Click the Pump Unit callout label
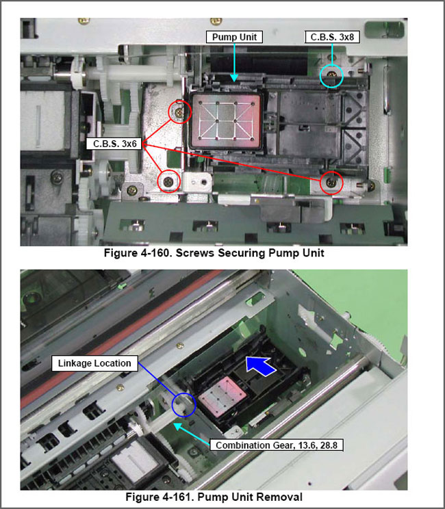234,37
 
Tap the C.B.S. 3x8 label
332,37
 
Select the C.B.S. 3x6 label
114,144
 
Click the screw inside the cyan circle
331,75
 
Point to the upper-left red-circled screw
179,112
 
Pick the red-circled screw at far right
331,183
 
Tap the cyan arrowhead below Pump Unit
234,78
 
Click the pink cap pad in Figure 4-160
226,121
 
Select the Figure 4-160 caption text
214,253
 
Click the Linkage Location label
94,363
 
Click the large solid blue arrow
261,365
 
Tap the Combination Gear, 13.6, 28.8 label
277,445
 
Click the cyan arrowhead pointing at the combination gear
177,426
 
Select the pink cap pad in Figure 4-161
223,396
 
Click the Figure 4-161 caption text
214,497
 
